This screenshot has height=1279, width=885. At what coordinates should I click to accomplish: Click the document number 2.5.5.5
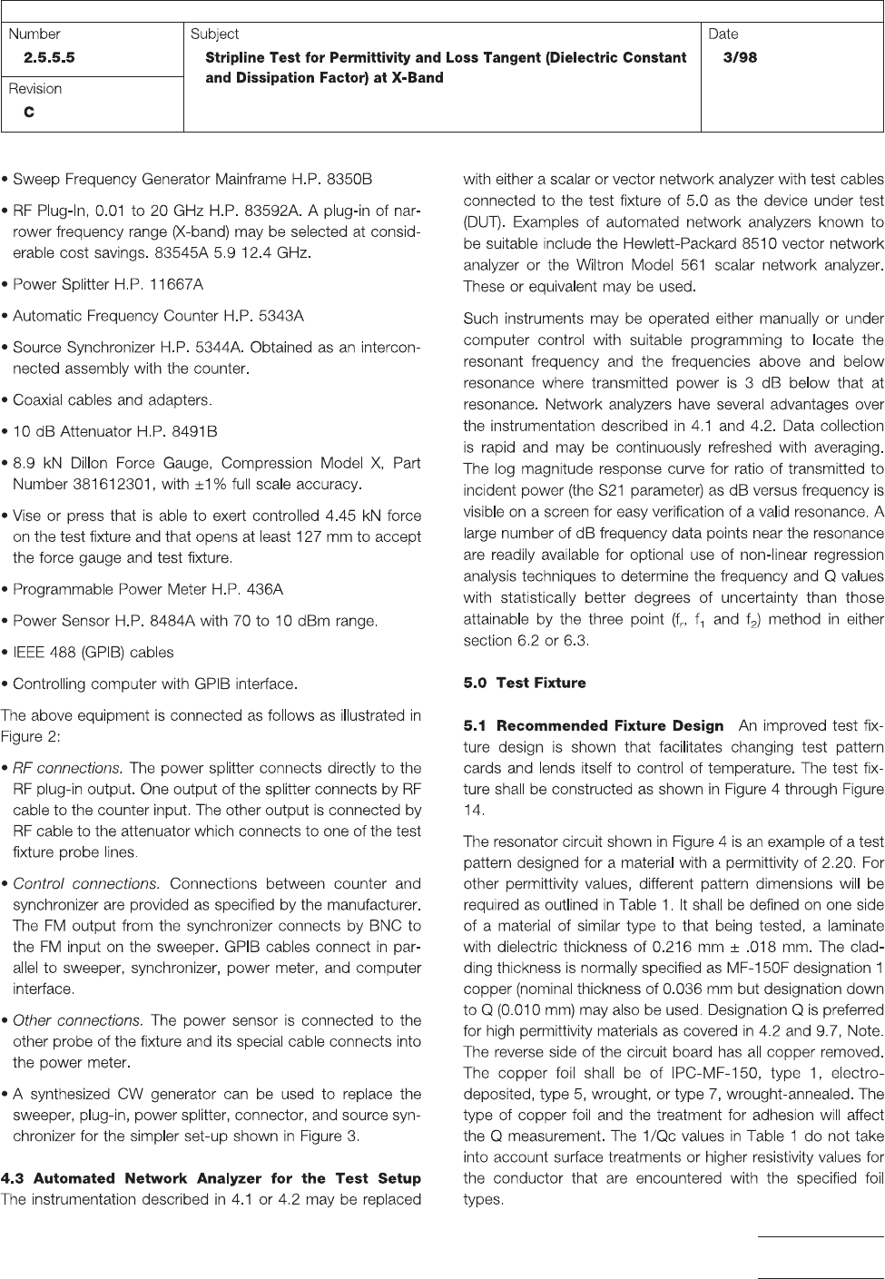tap(49, 57)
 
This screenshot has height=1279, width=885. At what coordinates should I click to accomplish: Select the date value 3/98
tap(740, 57)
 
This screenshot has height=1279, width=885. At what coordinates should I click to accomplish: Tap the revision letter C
tap(29, 112)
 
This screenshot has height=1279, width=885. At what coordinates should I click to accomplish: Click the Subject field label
tap(214, 34)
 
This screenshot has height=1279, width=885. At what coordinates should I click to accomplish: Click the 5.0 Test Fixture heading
tap(524, 683)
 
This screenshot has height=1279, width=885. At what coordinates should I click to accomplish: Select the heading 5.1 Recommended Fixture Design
tap(593, 726)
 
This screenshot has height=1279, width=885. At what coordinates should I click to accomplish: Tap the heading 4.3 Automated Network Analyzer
tap(211, 1178)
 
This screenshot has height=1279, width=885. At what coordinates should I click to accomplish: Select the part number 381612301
tap(112, 483)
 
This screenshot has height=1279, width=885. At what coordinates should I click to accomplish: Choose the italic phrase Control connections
tap(86, 883)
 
